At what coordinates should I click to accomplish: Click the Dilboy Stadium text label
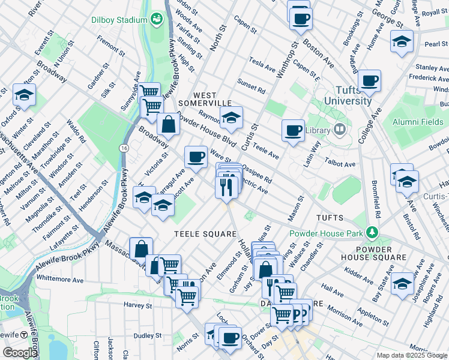click(x=119, y=20)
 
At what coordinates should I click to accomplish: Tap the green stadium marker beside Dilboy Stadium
click(x=157, y=20)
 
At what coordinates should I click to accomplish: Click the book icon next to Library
click(x=340, y=130)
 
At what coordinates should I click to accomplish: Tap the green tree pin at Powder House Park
click(x=373, y=232)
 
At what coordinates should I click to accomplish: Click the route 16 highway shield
click(x=124, y=148)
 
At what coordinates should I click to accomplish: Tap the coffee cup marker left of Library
click(x=293, y=130)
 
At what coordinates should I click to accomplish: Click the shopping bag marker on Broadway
click(x=169, y=124)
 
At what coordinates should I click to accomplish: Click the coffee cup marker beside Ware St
click(x=196, y=157)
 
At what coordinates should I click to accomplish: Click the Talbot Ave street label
click(x=340, y=164)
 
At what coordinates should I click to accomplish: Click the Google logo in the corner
click(x=20, y=353)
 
